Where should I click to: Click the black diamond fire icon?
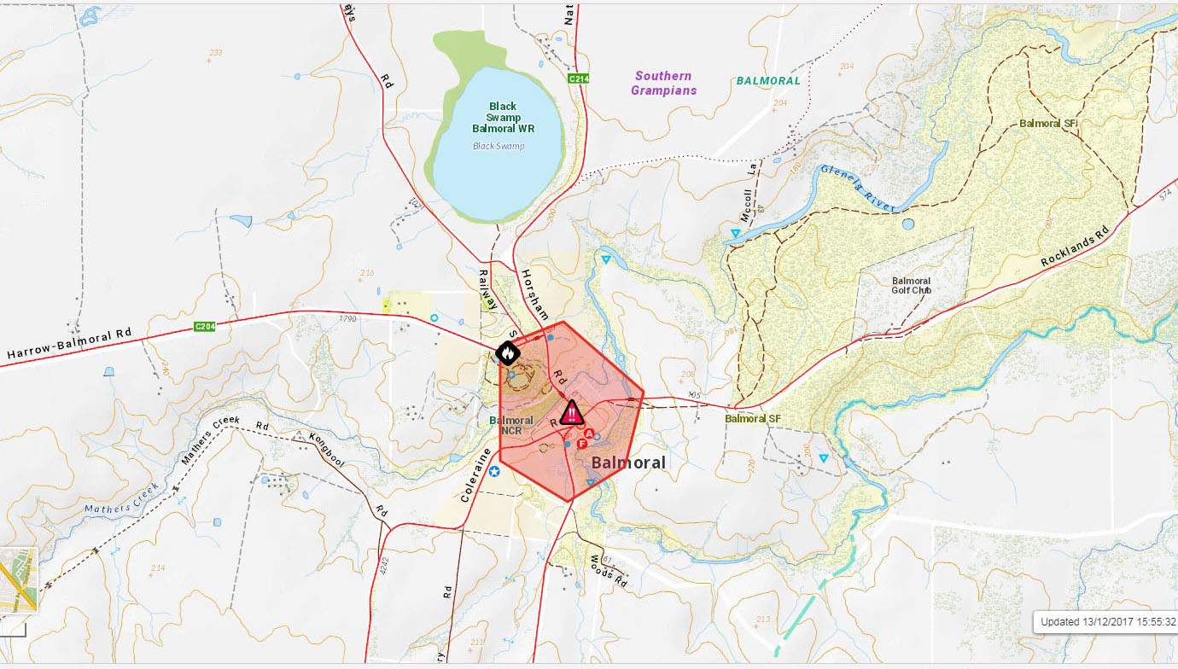click(x=505, y=352)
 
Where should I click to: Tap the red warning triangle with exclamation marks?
click(x=573, y=413)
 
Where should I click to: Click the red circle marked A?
click(x=589, y=433)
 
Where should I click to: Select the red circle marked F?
click(x=582, y=444)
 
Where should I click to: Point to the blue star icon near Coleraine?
click(x=494, y=471)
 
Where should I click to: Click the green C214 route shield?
click(x=579, y=79)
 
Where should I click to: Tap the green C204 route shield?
click(x=205, y=326)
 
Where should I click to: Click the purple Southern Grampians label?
click(x=663, y=83)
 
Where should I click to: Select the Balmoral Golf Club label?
click(x=911, y=285)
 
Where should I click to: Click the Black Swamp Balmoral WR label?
click(x=504, y=118)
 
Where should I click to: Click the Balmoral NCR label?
click(x=511, y=425)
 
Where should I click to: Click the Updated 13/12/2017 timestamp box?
click(x=1107, y=622)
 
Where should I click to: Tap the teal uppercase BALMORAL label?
click(x=768, y=81)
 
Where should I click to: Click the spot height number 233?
click(x=215, y=53)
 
